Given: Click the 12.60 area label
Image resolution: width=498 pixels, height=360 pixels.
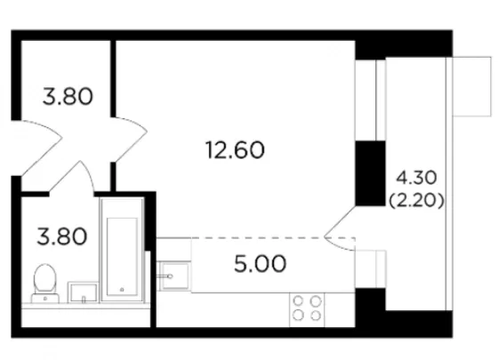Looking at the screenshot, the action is (x=235, y=150).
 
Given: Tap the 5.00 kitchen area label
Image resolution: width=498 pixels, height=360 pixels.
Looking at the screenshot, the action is (x=260, y=264).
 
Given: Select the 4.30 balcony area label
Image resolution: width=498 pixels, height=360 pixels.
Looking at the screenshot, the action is (x=416, y=178).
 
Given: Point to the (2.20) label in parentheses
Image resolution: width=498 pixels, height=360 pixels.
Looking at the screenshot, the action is (x=416, y=201).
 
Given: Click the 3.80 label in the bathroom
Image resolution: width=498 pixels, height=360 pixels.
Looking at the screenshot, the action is (x=62, y=236).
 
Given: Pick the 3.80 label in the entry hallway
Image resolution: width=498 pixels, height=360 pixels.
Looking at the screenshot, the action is (x=68, y=97).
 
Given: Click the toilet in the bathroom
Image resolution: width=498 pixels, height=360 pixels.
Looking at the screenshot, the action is (x=45, y=284).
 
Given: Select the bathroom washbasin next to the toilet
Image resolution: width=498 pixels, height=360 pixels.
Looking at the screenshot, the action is (x=84, y=292).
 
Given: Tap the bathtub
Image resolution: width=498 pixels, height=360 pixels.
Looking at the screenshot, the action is (x=122, y=250).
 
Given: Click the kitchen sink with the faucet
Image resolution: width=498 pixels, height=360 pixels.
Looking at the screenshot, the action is (x=174, y=276).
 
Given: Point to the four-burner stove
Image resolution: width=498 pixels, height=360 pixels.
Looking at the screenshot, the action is (x=307, y=309).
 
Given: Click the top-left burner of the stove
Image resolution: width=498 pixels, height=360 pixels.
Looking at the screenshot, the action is (x=299, y=301).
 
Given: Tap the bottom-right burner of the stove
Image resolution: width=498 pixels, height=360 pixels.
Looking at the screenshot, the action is (x=316, y=316).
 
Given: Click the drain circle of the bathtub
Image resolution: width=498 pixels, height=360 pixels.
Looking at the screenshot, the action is (x=122, y=290).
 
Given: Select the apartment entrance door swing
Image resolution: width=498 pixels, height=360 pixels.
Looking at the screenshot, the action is (x=37, y=148).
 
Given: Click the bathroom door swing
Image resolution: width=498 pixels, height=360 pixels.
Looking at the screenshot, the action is (x=72, y=177).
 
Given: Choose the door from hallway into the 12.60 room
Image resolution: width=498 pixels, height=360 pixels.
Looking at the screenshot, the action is (x=130, y=140).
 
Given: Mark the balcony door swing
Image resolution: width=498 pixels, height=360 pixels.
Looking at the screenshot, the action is (x=339, y=228).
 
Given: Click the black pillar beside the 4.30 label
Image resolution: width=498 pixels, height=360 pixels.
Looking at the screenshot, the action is (x=370, y=173).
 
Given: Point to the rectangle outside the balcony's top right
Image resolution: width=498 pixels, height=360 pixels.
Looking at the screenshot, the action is (x=472, y=86).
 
